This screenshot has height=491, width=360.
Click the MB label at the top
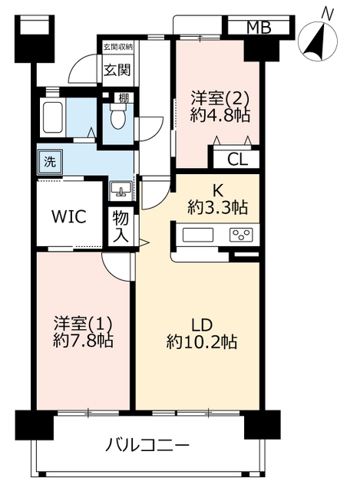[259, 28]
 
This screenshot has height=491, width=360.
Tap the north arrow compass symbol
[317, 38]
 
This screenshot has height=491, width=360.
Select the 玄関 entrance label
[117, 70]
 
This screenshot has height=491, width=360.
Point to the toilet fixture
[118, 116]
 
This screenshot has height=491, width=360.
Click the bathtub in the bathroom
[52, 117]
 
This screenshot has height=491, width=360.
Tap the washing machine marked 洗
[50, 162]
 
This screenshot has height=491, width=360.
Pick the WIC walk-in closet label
[69, 216]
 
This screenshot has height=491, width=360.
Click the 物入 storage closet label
[121, 226]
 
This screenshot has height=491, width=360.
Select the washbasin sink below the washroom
[121, 189]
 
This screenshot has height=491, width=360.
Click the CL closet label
[237, 160]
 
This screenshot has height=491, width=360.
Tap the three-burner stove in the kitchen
[241, 235]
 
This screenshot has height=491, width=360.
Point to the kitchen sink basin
[198, 235]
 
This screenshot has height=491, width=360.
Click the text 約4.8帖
[220, 116]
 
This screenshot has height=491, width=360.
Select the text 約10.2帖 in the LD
[202, 341]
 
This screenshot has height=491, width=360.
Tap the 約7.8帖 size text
[84, 341]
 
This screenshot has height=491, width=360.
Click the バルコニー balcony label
[147, 445]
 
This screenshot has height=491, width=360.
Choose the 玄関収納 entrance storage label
[118, 47]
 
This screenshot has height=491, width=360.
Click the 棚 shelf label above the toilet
[123, 98]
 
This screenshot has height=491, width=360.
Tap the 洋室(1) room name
[83, 324]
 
